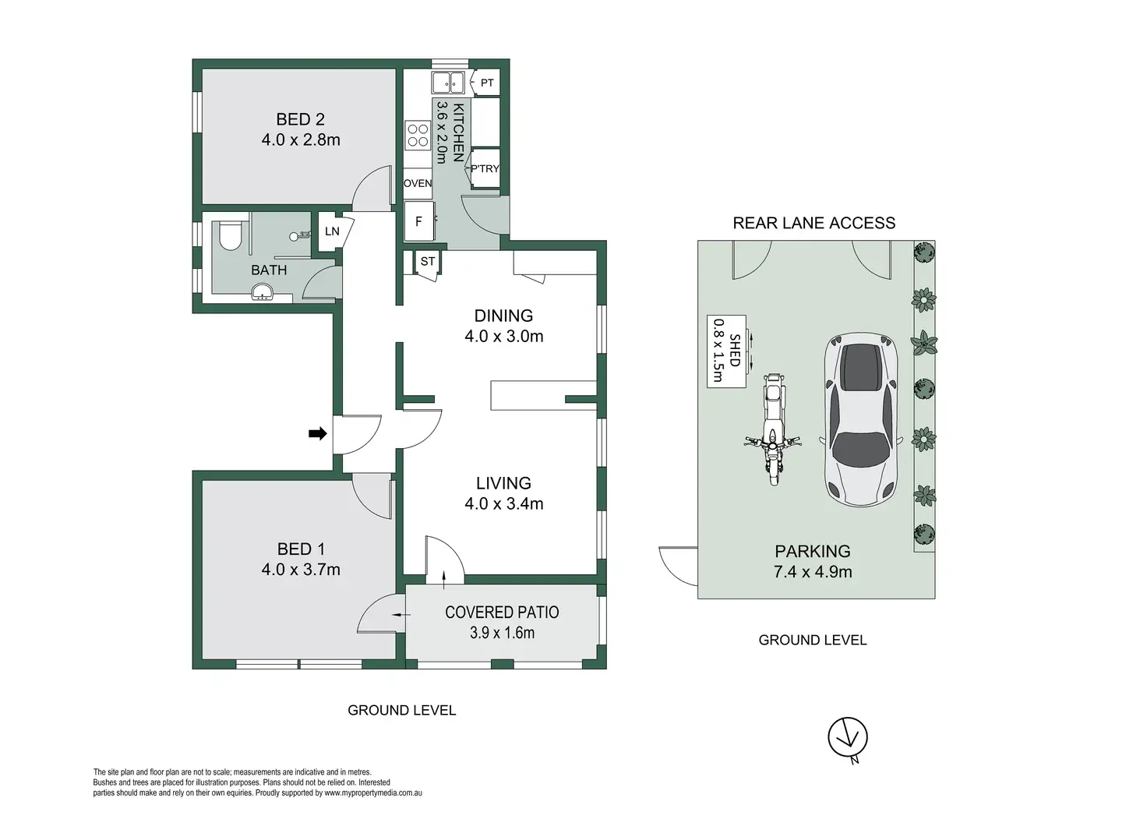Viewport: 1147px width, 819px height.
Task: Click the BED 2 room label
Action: (300, 119)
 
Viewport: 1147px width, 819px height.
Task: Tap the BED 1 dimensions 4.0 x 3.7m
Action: (301, 570)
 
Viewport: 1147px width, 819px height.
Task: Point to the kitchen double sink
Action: (447, 83)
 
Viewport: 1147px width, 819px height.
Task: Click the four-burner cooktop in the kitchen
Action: (418, 135)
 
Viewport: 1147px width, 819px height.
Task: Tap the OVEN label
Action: (418, 183)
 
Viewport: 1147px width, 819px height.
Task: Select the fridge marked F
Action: (419, 221)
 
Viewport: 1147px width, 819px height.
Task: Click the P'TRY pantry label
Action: (485, 168)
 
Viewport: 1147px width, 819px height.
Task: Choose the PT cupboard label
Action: (487, 83)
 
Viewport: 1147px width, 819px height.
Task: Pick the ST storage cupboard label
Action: (428, 261)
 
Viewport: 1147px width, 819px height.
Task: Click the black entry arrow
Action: (317, 434)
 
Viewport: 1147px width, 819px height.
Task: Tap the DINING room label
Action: (503, 316)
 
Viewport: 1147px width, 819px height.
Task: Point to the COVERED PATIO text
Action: (502, 612)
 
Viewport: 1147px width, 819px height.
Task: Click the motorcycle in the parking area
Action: (773, 429)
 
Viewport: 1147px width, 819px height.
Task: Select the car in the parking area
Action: (862, 419)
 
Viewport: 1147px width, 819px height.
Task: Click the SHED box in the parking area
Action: (726, 351)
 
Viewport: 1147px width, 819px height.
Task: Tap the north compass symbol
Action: (848, 739)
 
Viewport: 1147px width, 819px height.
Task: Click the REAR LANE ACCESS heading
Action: (813, 223)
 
